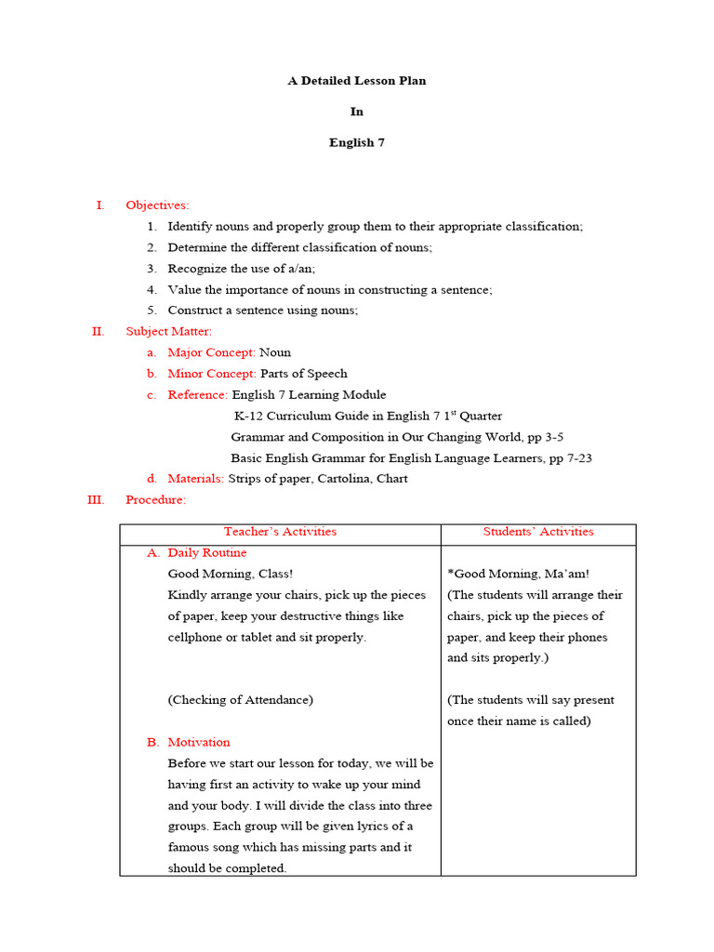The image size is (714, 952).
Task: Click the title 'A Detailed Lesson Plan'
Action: (356, 81)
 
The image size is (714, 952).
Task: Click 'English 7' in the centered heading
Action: (356, 143)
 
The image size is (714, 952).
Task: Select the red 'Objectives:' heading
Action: (157, 205)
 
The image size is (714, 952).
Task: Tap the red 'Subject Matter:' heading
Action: (168, 331)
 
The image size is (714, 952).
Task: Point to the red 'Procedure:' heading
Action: (155, 500)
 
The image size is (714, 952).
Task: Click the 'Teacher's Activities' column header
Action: (280, 532)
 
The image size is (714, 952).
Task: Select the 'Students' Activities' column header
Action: (538, 532)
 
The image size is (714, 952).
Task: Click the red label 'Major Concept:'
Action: (211, 352)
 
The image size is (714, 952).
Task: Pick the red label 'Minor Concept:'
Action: (211, 374)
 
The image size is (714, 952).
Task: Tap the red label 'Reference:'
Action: (197, 395)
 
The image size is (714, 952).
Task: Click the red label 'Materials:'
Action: (195, 479)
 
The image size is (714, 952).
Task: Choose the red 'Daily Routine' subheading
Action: (207, 553)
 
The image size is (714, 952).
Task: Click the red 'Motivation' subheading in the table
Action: (199, 743)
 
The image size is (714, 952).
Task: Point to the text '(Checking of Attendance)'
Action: (241, 700)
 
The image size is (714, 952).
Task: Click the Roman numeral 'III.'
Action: (96, 500)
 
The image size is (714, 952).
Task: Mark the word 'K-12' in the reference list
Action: (248, 416)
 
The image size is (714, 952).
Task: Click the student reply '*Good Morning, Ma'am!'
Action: (518, 575)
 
